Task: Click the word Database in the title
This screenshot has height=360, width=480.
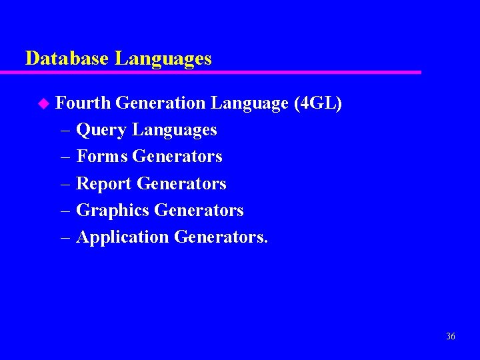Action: (x=67, y=59)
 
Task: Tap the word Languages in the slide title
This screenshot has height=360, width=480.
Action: (x=163, y=59)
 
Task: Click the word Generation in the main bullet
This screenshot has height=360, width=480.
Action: (x=160, y=103)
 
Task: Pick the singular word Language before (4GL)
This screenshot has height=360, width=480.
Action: (x=249, y=103)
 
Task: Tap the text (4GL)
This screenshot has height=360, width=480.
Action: (x=317, y=103)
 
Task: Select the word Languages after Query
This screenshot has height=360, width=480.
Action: (x=175, y=130)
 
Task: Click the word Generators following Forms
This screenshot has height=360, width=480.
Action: (x=177, y=157)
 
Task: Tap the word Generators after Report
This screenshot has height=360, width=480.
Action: (x=181, y=183)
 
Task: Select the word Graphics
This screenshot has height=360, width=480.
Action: (x=113, y=210)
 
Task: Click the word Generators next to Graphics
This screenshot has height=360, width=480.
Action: (x=199, y=210)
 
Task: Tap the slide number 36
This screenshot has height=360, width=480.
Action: (x=451, y=337)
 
